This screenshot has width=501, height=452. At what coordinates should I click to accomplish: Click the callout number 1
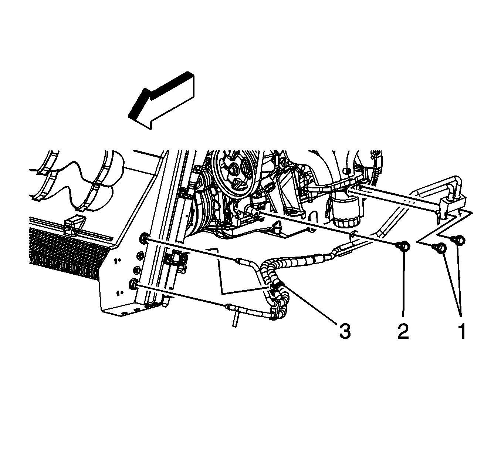point(462,331)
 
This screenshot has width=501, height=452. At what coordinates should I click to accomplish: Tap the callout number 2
point(403,331)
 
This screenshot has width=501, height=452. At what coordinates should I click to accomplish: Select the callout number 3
point(345,331)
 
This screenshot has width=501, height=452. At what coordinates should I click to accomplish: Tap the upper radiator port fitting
point(144,237)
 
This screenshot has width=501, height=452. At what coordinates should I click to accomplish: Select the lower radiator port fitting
point(133,285)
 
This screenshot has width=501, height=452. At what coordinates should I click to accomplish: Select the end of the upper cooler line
point(239,261)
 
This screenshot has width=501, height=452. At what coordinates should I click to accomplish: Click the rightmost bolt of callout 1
point(459,240)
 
